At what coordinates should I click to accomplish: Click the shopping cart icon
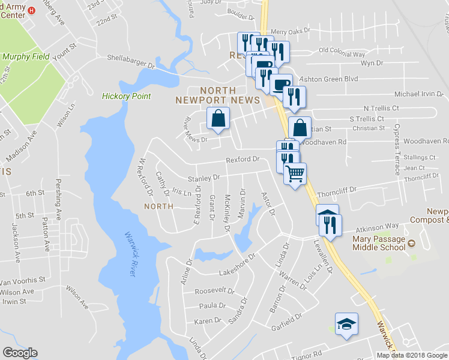(x=295, y=174)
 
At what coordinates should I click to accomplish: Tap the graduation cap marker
(x=346, y=325)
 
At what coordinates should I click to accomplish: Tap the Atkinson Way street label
(x=376, y=228)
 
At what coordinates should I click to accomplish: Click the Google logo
(x=20, y=353)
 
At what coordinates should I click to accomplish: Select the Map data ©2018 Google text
(x=412, y=355)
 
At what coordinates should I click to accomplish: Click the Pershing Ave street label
(x=58, y=196)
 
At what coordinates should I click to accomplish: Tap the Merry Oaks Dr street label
(x=290, y=29)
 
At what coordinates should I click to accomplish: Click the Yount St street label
(x=65, y=53)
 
